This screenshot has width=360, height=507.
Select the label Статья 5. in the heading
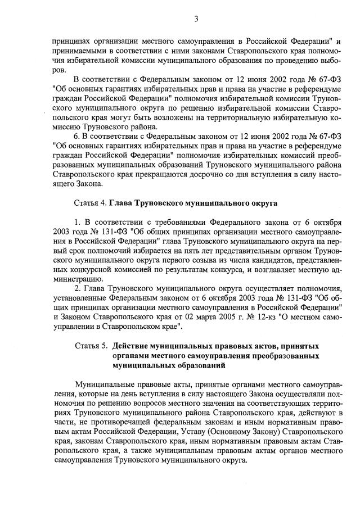click(x=90, y=345)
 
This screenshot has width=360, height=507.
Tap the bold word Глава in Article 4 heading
click(x=121, y=202)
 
